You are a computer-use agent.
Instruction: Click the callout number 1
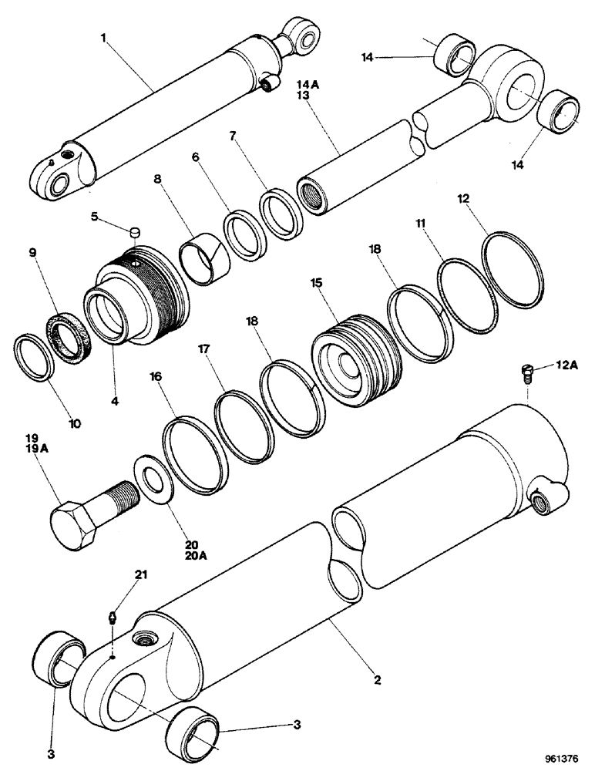tap(103, 37)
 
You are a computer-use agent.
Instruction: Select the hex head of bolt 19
tap(75, 527)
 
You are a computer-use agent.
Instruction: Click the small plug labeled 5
tap(134, 231)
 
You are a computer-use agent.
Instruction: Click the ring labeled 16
tap(193, 456)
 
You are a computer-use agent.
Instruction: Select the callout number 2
tap(378, 681)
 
